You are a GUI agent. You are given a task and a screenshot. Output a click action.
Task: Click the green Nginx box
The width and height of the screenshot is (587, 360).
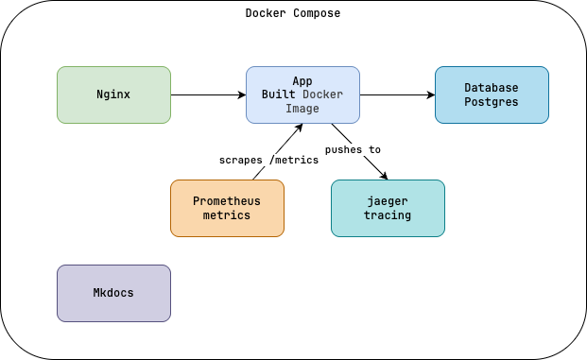113,94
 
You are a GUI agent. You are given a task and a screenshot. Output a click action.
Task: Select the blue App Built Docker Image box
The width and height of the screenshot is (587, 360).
302,94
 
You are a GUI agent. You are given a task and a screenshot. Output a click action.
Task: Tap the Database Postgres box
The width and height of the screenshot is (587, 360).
492,94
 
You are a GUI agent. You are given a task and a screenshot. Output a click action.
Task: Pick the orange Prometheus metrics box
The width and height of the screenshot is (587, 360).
227,208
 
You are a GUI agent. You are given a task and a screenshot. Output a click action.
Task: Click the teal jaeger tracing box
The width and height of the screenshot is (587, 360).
388,208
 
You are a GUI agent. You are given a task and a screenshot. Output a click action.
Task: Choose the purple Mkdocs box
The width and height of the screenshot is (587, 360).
113,293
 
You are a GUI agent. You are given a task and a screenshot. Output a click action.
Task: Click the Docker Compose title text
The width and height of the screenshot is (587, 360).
293,13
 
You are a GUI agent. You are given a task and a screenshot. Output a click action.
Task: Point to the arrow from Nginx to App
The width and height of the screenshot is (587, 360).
208,94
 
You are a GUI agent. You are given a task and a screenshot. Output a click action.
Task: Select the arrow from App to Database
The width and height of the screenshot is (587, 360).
397,94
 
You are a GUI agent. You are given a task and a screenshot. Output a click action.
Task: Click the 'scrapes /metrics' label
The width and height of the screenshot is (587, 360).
268,160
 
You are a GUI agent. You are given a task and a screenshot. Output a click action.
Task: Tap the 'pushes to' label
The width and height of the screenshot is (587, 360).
353,149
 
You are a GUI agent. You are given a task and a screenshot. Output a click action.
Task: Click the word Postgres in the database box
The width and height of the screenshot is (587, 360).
492,102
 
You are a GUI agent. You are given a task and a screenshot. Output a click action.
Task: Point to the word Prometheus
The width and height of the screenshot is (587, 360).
227,201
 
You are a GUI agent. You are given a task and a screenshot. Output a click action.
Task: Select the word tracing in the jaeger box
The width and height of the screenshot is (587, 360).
388,215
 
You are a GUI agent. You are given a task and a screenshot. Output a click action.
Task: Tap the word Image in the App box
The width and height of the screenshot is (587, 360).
302,109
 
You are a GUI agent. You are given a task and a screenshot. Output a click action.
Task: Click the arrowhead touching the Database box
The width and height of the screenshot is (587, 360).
430,94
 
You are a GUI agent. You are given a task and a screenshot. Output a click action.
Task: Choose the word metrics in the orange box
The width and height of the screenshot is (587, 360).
227,215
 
